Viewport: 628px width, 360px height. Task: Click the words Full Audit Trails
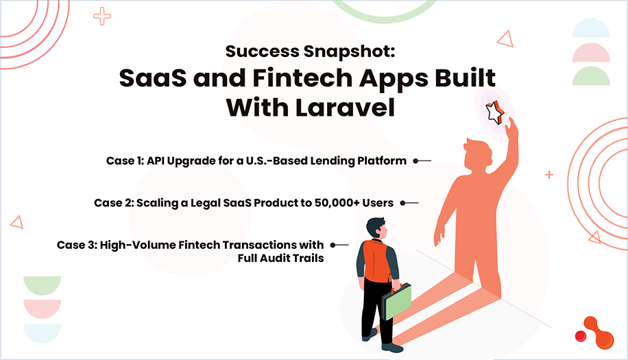click(280, 259)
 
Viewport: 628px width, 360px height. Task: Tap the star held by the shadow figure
click(494, 112)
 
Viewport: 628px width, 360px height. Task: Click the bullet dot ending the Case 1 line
click(415, 161)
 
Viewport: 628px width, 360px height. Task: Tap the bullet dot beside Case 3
click(333, 245)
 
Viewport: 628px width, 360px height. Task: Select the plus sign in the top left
click(101, 16)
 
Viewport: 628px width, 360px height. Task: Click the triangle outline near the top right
click(505, 39)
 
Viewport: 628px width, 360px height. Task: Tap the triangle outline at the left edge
click(16, 221)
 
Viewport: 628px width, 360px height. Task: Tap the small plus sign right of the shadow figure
click(548, 175)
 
